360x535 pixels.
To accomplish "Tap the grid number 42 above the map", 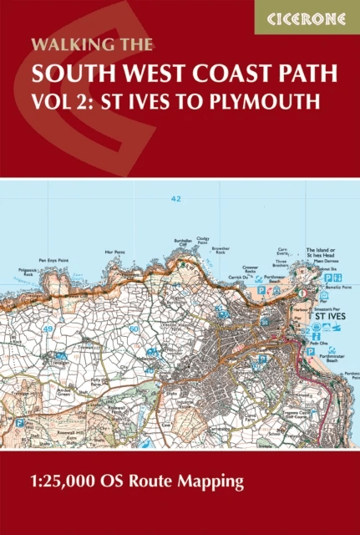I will [x=175, y=199].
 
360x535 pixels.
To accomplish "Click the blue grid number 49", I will [x=49, y=307].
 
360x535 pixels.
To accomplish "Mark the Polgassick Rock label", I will [x=29, y=272].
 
